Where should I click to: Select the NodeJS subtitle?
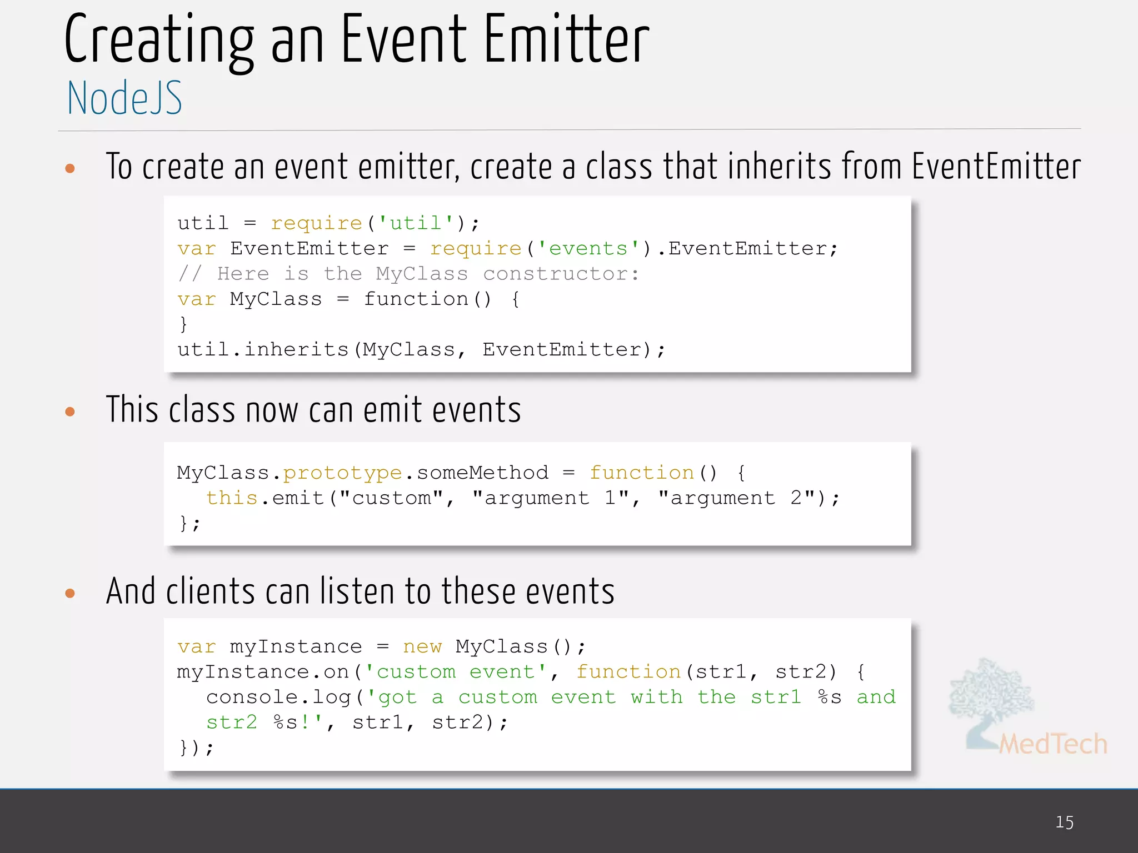pos(124,98)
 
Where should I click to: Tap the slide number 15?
pos(1064,822)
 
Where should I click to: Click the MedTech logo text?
pos(1053,744)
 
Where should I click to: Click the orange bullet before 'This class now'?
pos(70,412)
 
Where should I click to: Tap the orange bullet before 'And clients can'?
pos(70,593)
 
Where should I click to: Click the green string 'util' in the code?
pos(416,223)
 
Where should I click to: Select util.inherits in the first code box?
pos(263,350)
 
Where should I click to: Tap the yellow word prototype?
pos(342,473)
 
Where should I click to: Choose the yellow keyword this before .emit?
pos(232,498)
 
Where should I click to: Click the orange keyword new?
pos(422,647)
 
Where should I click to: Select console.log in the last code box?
pos(278,697)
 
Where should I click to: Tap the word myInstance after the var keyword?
pos(296,647)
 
